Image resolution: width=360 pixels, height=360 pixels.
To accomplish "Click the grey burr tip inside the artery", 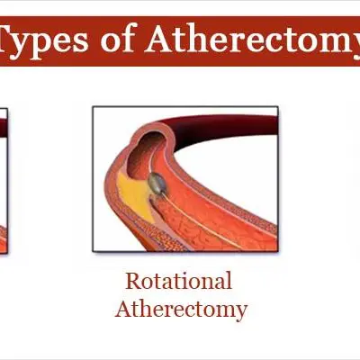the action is click(x=157, y=183).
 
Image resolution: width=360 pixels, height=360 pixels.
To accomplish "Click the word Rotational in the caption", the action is click(x=179, y=281).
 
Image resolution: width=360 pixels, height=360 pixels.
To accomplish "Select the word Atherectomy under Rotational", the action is click(x=181, y=310).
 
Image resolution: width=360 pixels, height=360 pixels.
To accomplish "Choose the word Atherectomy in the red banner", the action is click(x=252, y=40).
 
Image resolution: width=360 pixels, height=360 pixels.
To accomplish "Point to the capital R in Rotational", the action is click(x=133, y=281).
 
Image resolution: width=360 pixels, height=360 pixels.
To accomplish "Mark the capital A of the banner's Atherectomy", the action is click(x=160, y=40).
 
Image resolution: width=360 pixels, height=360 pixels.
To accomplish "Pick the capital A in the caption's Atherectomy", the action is click(x=124, y=309).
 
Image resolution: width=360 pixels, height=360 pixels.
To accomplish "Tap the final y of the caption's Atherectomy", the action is click(x=241, y=312).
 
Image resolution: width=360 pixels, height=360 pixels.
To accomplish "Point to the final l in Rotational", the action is click(x=229, y=281).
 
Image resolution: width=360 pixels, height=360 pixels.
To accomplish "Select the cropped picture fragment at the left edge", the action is click(x=4, y=181).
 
